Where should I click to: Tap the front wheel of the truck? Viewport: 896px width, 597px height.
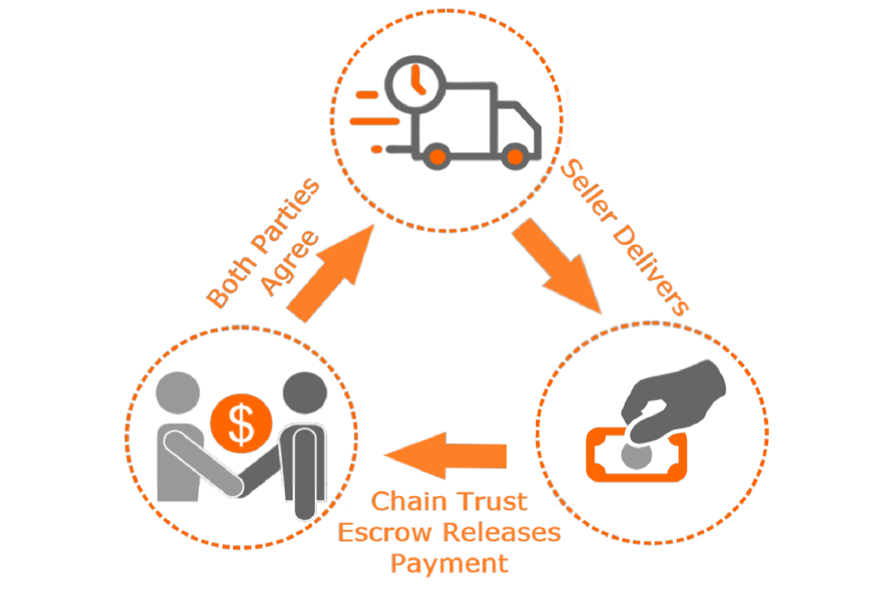tap(514, 157)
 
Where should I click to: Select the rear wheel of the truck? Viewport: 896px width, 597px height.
tap(437, 157)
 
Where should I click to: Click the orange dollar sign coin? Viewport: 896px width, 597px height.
tap(241, 424)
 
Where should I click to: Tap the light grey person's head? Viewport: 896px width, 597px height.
tap(177, 392)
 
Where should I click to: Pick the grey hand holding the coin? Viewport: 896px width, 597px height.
tap(675, 400)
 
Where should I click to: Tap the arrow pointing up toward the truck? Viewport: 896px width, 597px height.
tap(332, 275)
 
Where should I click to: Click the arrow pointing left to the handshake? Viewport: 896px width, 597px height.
tap(445, 456)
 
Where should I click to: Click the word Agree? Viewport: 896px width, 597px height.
tap(290, 263)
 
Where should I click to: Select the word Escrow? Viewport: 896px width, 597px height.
tap(384, 533)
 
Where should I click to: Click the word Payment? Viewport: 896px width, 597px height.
tap(449, 564)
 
